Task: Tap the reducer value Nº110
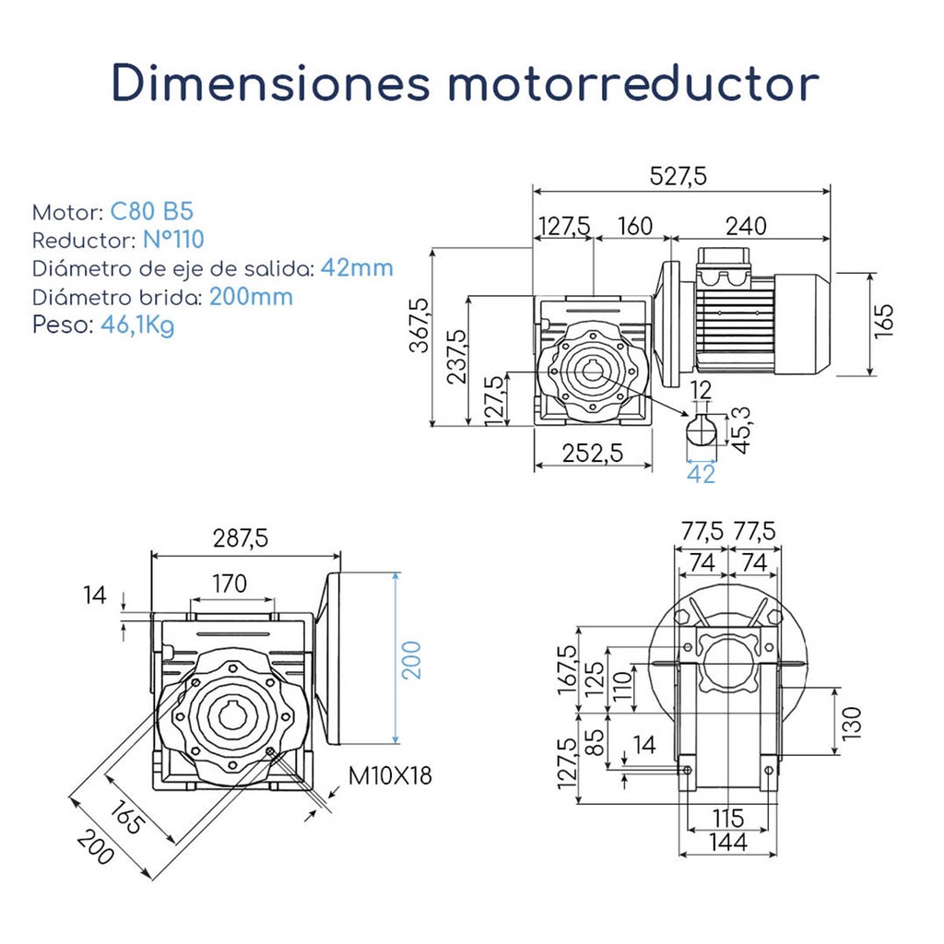click(x=173, y=240)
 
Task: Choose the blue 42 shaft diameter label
click(x=702, y=474)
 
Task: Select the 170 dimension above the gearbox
click(x=230, y=584)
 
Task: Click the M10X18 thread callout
click(x=390, y=775)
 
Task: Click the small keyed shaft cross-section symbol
click(x=702, y=432)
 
